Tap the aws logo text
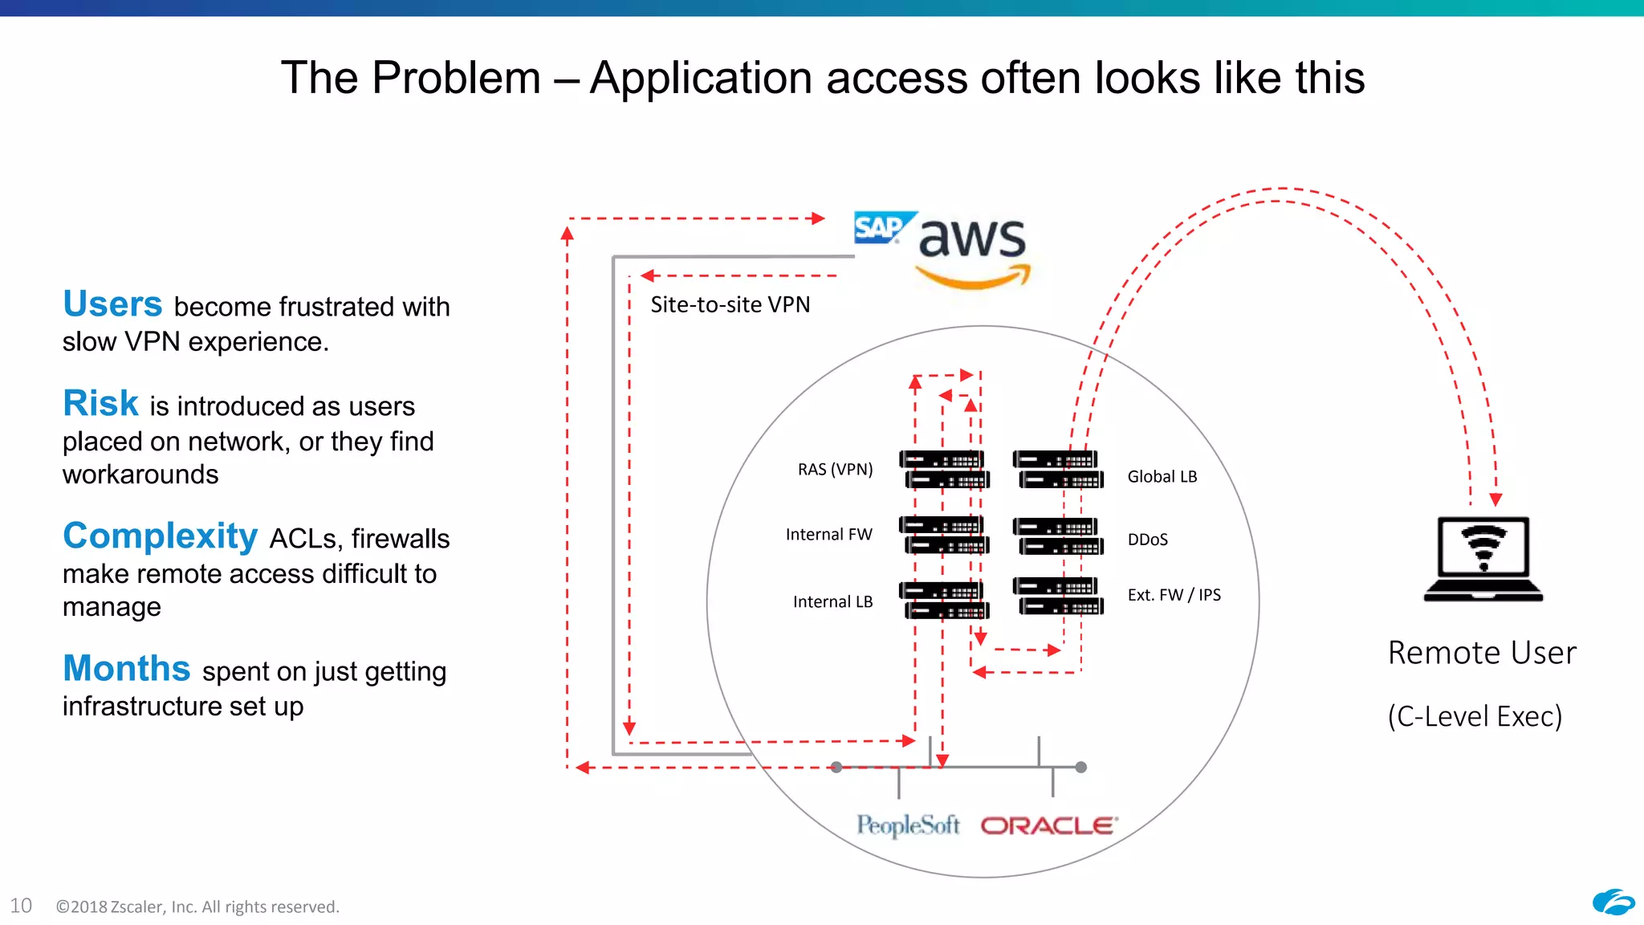point(971,238)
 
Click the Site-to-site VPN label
point(730,304)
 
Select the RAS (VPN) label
point(835,469)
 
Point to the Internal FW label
point(828,534)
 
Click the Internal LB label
point(832,601)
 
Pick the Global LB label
point(1162,476)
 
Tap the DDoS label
point(1147,540)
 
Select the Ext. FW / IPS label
point(1174,595)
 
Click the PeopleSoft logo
point(907,825)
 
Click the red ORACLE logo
point(1048,825)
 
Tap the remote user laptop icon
point(1483,558)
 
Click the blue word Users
point(112,304)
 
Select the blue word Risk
point(101,403)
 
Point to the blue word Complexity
point(161,536)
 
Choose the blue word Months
point(127,668)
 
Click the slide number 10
point(21,906)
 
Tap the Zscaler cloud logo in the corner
point(1613,903)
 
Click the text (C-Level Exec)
point(1475,715)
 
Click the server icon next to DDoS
point(1058,536)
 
